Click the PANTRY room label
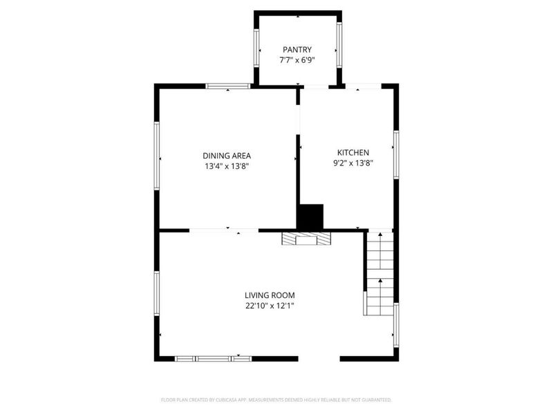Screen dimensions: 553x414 (x=297, y=50)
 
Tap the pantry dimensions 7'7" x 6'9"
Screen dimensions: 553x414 (x=297, y=60)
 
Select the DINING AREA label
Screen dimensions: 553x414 (x=227, y=156)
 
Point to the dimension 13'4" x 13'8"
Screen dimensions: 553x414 (x=227, y=166)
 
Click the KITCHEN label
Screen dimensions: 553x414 (x=353, y=152)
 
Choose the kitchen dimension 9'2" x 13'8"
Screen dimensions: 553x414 (x=353, y=163)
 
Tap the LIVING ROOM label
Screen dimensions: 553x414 (x=270, y=295)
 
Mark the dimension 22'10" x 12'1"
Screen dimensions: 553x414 (x=270, y=306)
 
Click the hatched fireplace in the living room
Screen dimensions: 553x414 (x=306, y=238)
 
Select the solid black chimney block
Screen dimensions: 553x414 (x=310, y=217)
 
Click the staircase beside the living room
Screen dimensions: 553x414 (x=379, y=273)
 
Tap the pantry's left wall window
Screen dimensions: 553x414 (x=256, y=48)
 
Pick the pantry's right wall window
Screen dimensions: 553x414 (x=339, y=45)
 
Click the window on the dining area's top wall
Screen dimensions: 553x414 (x=228, y=86)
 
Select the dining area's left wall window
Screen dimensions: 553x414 (x=157, y=156)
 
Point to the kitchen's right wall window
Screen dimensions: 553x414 (x=396, y=155)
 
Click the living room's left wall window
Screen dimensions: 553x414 (x=157, y=293)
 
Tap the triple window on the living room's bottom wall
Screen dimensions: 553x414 (x=214, y=359)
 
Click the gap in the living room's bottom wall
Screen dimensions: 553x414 (x=319, y=359)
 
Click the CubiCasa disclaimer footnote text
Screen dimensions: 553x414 (x=276, y=400)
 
